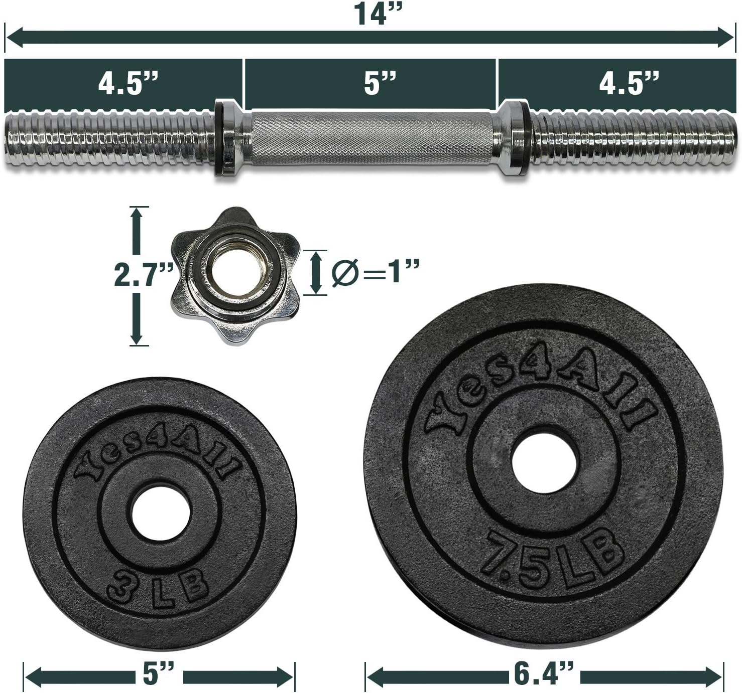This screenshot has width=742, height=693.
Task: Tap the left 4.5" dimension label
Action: click(128, 83)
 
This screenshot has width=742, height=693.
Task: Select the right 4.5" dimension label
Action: click(629, 83)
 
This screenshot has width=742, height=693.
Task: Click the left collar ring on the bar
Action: click(226, 138)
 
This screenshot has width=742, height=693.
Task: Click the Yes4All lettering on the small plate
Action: click(158, 454)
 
